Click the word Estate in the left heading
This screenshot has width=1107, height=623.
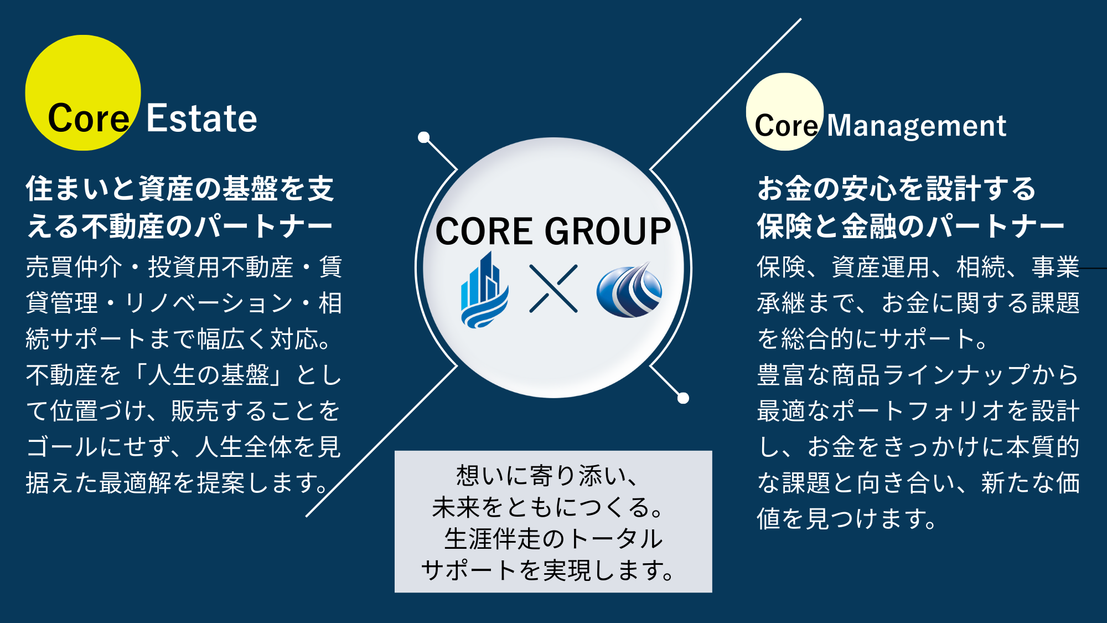(201, 119)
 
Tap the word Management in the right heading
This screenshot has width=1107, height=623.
(916, 126)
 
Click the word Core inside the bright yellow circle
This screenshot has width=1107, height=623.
(89, 119)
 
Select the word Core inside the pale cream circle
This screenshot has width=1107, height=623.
(786, 126)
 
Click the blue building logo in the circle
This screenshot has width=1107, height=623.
(484, 290)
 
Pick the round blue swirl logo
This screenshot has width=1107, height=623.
(629, 290)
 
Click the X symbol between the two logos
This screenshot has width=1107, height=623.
(553, 289)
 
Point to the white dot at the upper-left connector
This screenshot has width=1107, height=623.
(424, 137)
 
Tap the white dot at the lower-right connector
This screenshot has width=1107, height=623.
(684, 398)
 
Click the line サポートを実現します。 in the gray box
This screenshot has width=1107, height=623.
(548, 570)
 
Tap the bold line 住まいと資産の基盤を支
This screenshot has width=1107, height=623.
(180, 189)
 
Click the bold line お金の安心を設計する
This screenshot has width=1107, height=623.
(897, 189)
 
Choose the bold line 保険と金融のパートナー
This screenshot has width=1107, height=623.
(911, 226)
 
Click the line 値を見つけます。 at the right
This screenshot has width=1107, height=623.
(847, 519)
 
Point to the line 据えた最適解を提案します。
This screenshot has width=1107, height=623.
(178, 483)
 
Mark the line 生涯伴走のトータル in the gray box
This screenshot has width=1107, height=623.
(553, 539)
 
